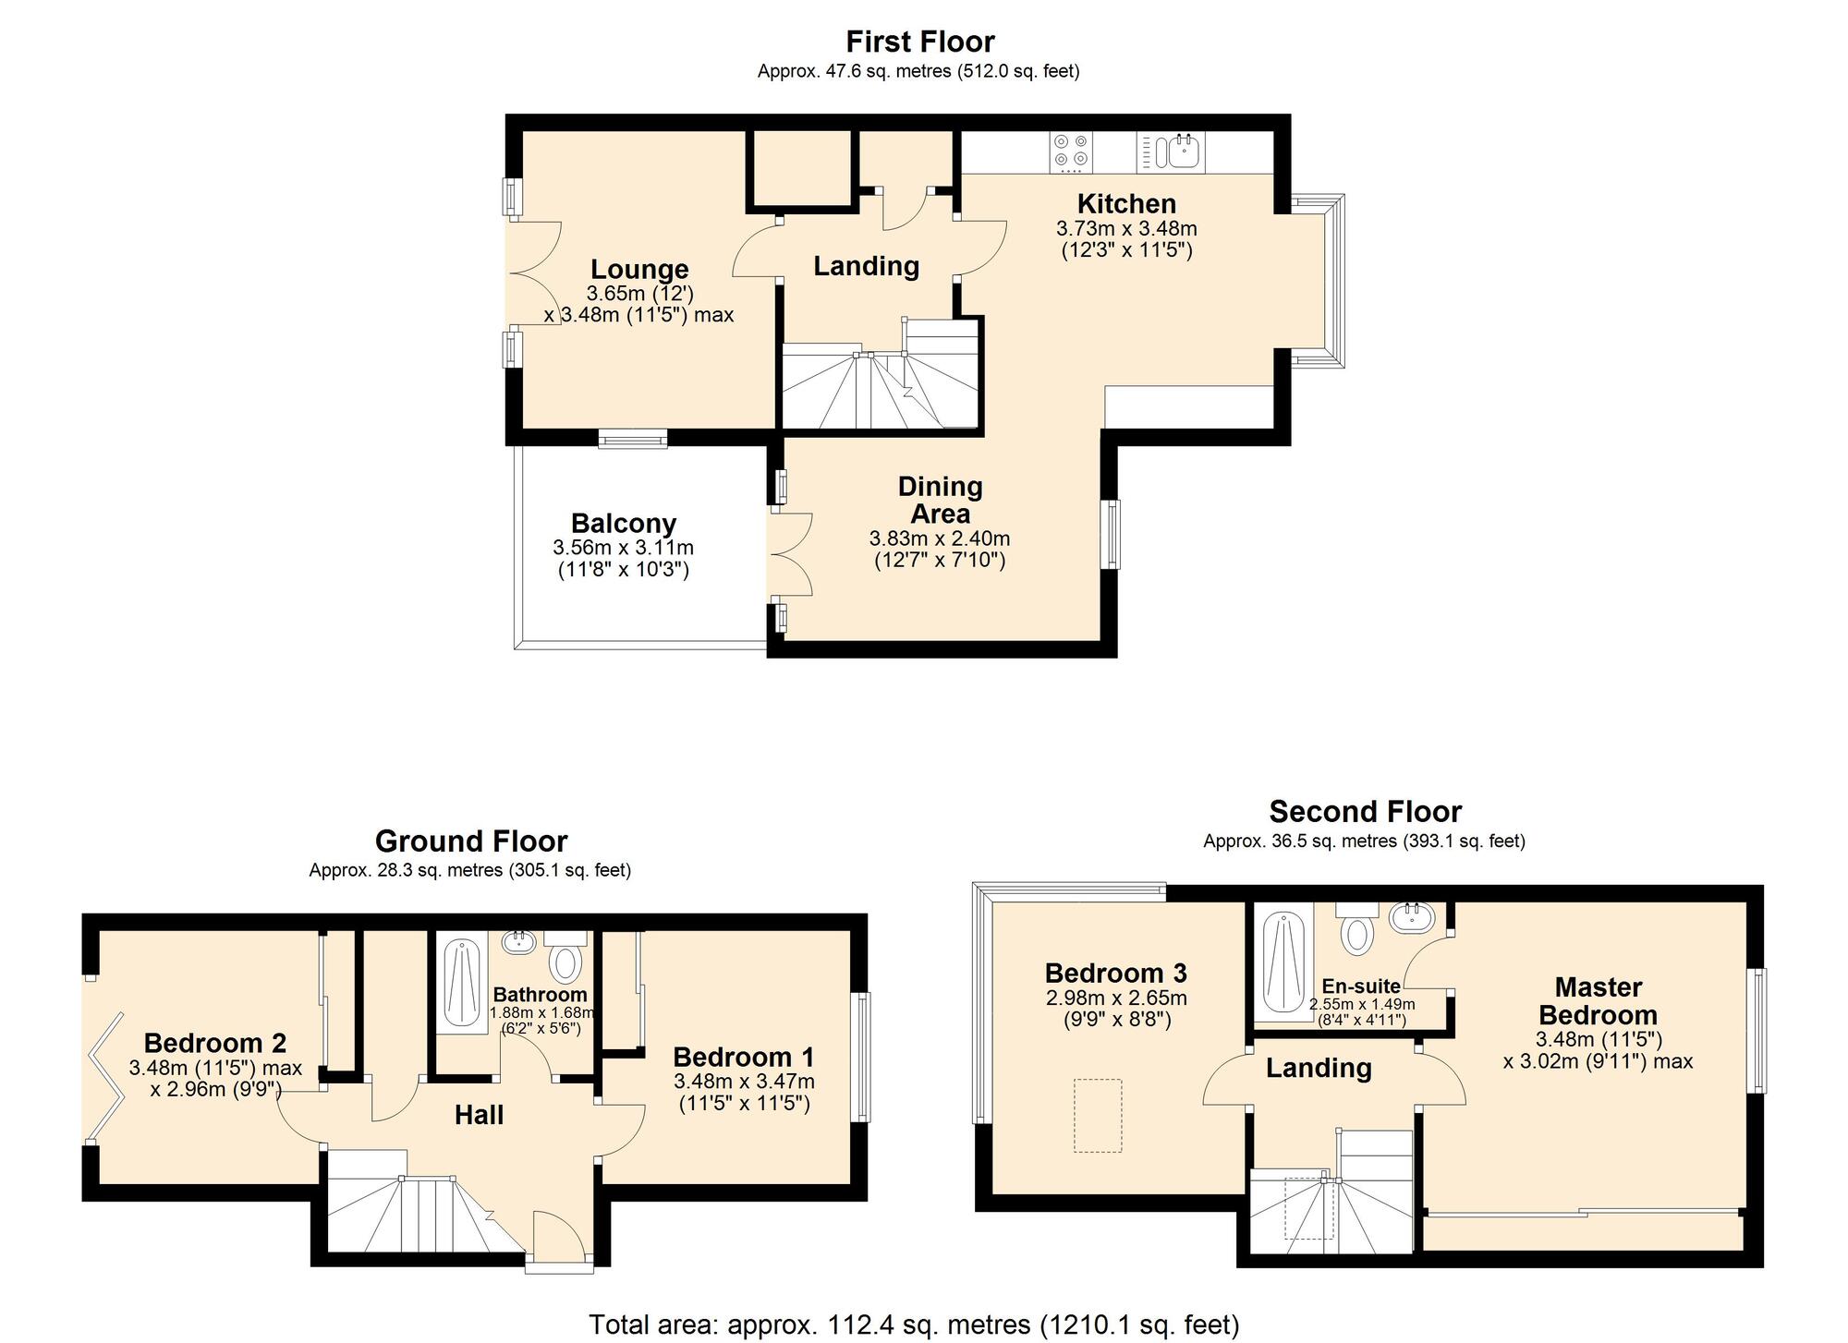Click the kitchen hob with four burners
click(1071, 151)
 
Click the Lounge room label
click(639, 270)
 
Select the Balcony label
click(624, 524)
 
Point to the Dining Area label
click(941, 500)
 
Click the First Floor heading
click(920, 42)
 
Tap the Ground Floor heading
click(471, 841)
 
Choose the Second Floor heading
click(1366, 812)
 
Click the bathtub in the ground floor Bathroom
click(458, 986)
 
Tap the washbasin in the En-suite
click(1412, 917)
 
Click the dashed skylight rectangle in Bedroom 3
click(1098, 1116)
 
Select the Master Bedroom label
click(1598, 1001)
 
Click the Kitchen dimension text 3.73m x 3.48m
click(1126, 228)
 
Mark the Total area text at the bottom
click(915, 1325)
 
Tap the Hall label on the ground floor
click(480, 1115)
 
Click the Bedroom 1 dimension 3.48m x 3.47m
click(744, 1082)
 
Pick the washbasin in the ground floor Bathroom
click(518, 942)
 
